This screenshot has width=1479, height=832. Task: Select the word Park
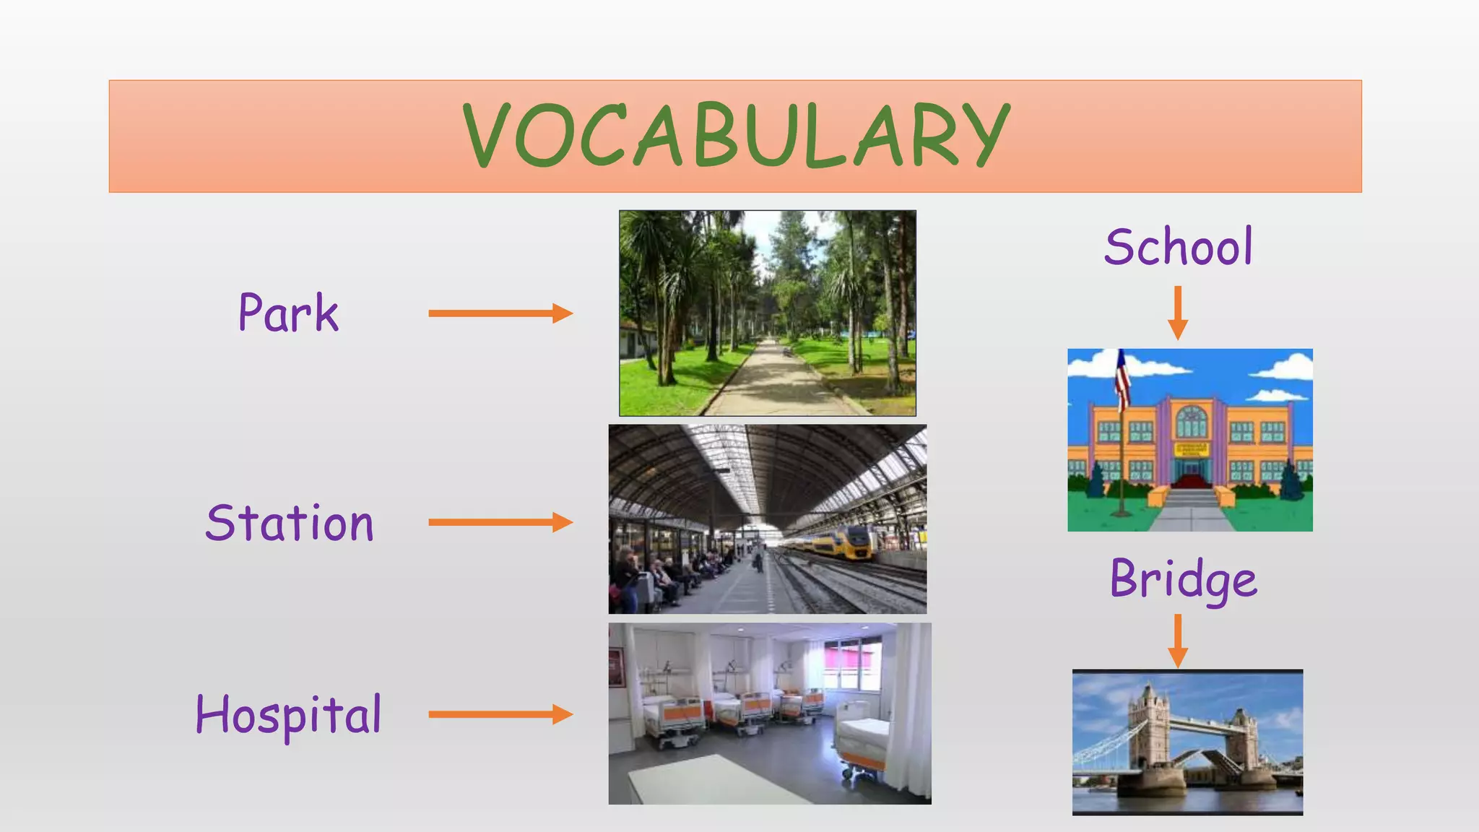[x=288, y=314]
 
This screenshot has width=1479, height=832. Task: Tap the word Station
[x=290, y=523]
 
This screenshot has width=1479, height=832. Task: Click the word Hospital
[x=288, y=715]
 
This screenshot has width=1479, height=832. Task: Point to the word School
[x=1178, y=247]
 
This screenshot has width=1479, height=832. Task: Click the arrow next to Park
[x=500, y=313]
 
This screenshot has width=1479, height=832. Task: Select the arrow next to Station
[x=500, y=522]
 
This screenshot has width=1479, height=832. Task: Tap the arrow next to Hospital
[x=500, y=715]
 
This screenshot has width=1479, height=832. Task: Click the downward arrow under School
[x=1177, y=312]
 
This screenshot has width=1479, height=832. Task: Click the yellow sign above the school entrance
[x=1192, y=449]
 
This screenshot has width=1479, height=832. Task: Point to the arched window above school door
[x=1192, y=422]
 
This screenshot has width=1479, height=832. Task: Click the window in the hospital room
[x=852, y=664]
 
